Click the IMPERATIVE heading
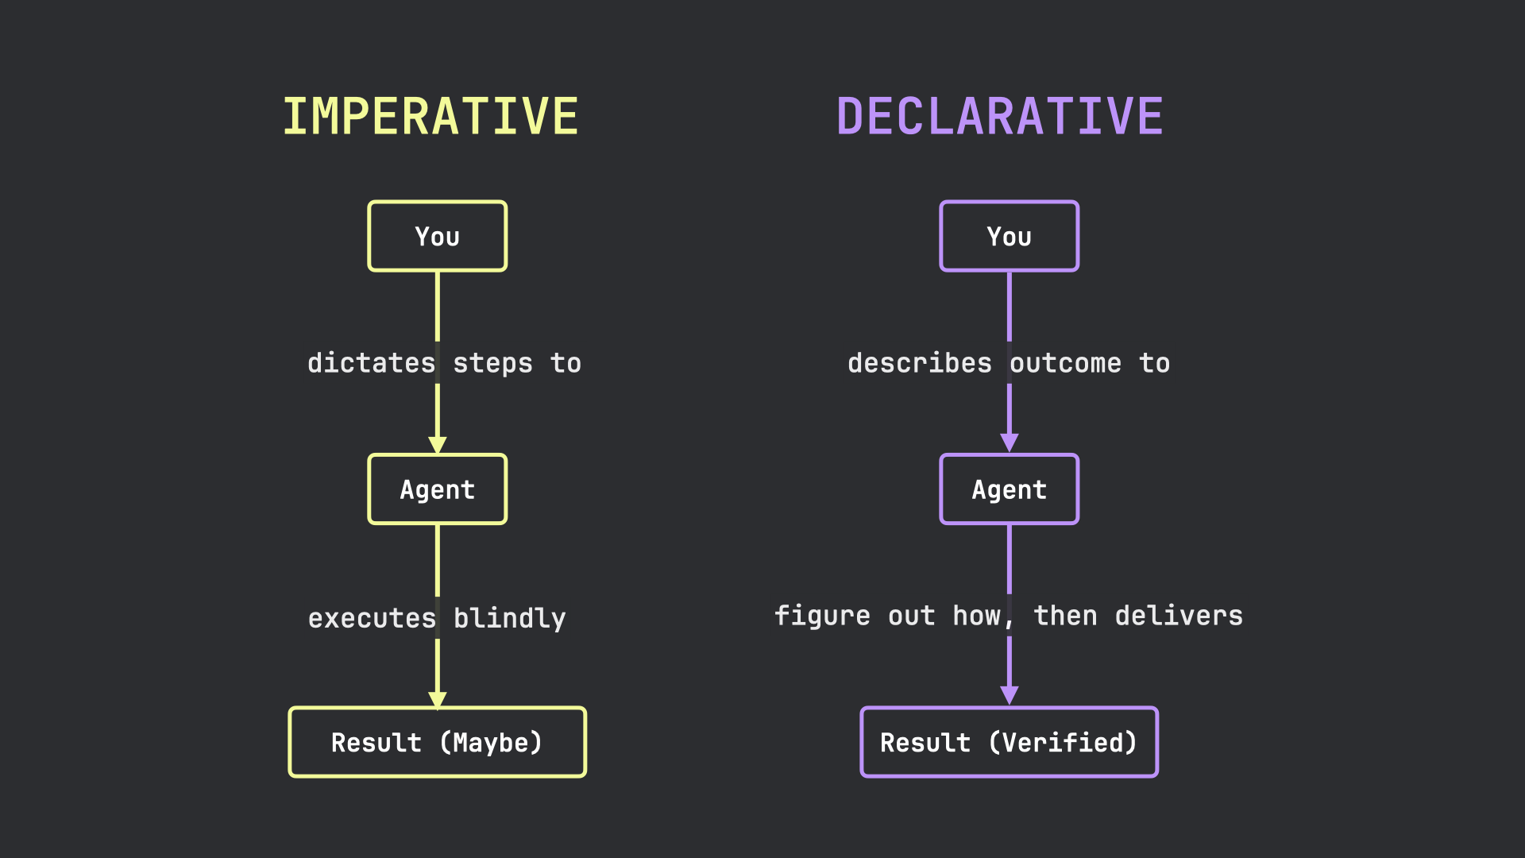[x=430, y=117]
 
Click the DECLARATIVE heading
[x=1000, y=117]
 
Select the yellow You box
[x=437, y=236]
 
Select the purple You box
[x=1009, y=236]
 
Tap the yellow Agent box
[x=437, y=489]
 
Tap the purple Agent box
[x=1009, y=489]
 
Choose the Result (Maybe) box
[x=437, y=742]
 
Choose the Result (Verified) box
[x=1009, y=742]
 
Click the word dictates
[x=371, y=363]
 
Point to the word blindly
[x=510, y=618]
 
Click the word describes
[x=920, y=363]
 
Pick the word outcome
[x=1065, y=363]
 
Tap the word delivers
[x=1179, y=616]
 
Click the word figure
[x=822, y=616]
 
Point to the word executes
[x=372, y=618]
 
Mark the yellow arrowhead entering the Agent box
[x=437, y=445]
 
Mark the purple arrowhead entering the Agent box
[x=1009, y=443]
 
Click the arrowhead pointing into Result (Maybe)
[x=437, y=699]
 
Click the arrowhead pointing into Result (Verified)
[x=1009, y=695]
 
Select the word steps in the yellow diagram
[x=492, y=363]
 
